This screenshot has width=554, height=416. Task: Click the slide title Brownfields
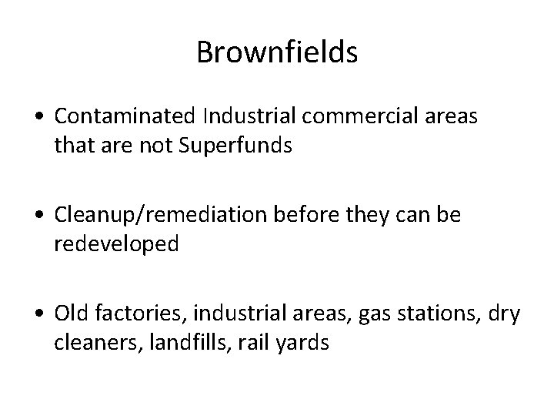point(277,52)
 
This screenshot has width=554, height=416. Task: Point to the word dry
point(508,314)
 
